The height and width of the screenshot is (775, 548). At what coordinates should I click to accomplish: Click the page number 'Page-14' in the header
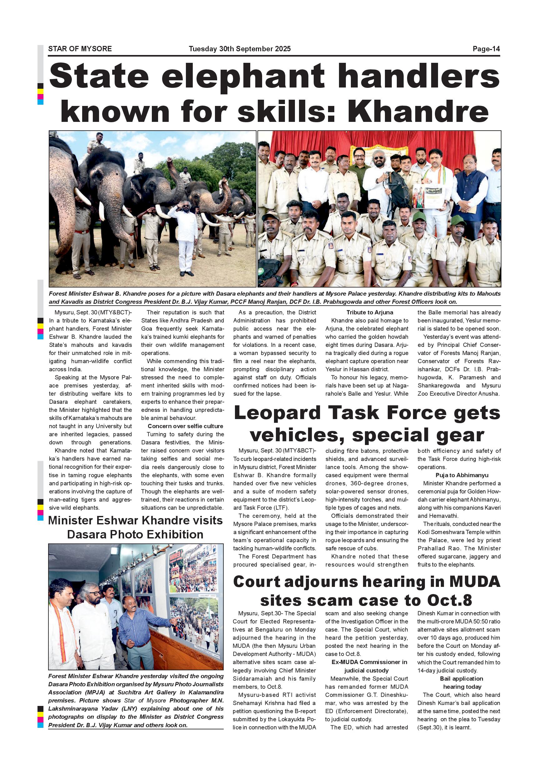[x=486, y=49]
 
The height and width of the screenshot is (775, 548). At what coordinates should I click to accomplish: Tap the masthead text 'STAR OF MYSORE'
[x=80, y=49]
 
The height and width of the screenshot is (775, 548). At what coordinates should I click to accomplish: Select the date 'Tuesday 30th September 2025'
[x=240, y=49]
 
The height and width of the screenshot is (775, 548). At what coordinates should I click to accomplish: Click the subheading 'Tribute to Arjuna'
[x=370, y=312]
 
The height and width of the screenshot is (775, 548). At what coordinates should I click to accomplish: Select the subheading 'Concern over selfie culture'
[x=185, y=426]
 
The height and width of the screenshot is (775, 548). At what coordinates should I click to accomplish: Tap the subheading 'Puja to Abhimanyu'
[x=462, y=475]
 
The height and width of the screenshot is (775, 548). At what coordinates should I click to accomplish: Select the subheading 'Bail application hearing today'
[x=462, y=682]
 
